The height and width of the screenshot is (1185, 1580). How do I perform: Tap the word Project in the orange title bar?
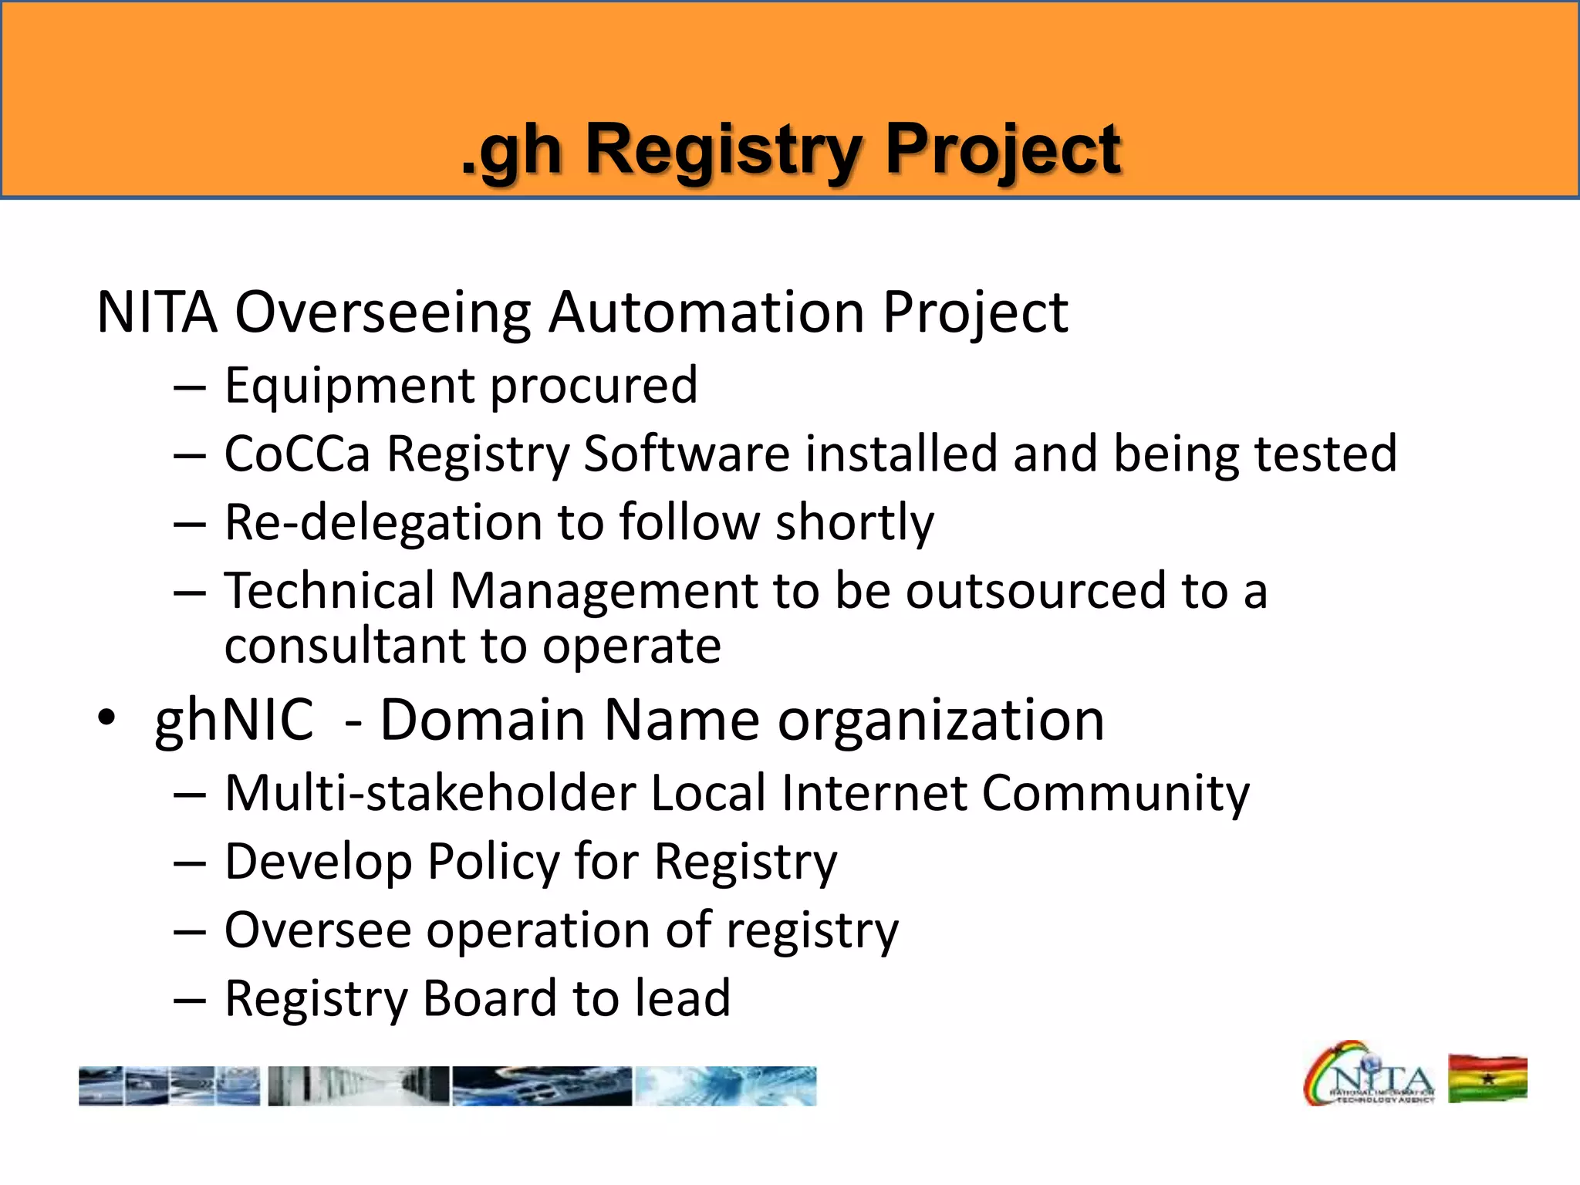pos(1002,150)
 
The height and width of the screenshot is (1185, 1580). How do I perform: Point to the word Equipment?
pos(349,386)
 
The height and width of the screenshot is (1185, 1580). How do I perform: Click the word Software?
pos(686,454)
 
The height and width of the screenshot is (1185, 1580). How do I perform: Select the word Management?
pos(603,591)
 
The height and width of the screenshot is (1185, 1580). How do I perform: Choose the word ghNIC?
pos(234,720)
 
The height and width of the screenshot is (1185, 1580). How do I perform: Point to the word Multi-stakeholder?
pos(429,793)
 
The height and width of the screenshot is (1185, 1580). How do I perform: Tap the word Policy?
pos(493,862)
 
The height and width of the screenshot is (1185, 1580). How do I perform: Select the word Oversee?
pos(318,930)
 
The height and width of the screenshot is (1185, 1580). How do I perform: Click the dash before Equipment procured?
pos(190,387)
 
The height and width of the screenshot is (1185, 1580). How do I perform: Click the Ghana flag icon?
pos(1487,1079)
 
